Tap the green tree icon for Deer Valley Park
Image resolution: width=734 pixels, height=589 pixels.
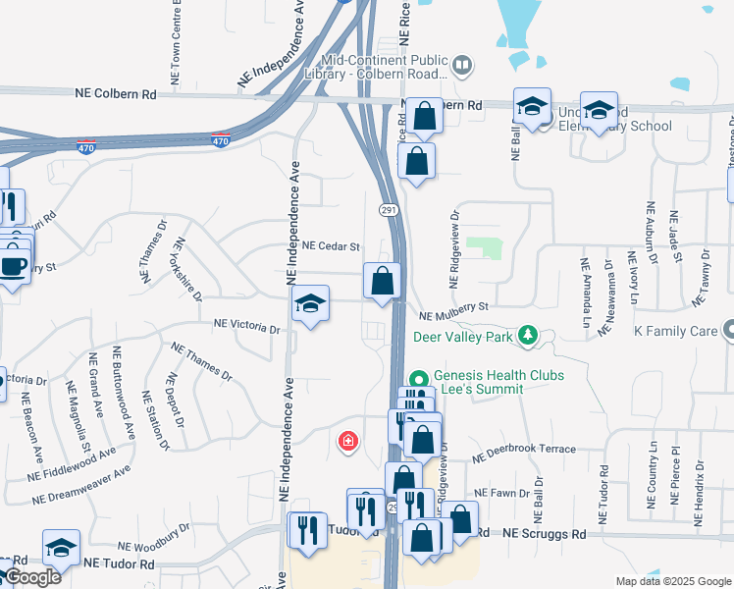tap(529, 337)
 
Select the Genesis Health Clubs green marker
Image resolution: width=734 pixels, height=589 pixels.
tap(419, 378)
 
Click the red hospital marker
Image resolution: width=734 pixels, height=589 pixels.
tap(347, 442)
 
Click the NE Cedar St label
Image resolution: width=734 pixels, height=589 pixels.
tap(332, 246)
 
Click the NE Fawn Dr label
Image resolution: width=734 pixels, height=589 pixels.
tap(501, 493)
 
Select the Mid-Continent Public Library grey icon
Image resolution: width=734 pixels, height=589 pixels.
tap(463, 66)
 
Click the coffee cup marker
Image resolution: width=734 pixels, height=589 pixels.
tap(13, 266)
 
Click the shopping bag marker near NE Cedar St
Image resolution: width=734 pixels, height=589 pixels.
tap(382, 281)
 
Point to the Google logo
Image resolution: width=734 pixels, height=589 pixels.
tap(31, 577)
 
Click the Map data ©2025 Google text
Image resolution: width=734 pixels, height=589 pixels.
tap(672, 581)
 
